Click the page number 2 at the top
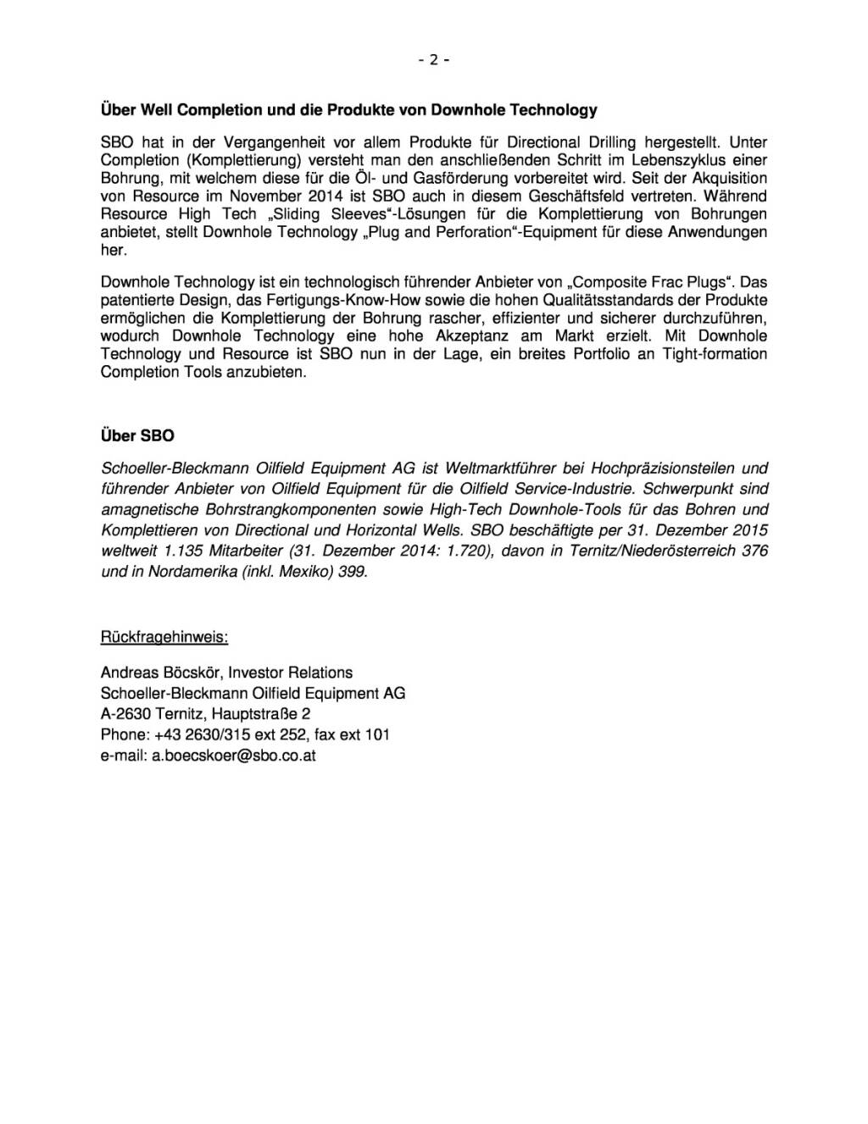coord(433,59)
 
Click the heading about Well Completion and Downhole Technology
coord(348,110)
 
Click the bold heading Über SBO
coord(137,435)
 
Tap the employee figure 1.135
coord(181,551)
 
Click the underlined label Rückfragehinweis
coord(164,636)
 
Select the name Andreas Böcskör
coord(161,673)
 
